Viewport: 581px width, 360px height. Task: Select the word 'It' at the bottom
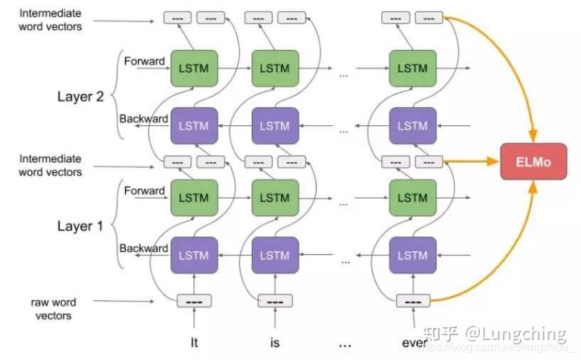(x=195, y=343)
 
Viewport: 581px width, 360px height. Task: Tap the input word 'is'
(x=275, y=343)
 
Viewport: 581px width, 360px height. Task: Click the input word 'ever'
(x=414, y=343)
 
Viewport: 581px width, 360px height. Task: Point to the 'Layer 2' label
(x=80, y=97)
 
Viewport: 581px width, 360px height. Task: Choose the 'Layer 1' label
(x=80, y=226)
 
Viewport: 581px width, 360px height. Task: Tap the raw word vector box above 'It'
(x=195, y=301)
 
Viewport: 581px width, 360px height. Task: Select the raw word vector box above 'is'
(x=275, y=301)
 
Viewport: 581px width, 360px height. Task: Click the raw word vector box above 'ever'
(x=412, y=301)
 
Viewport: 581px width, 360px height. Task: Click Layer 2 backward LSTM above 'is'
(x=274, y=125)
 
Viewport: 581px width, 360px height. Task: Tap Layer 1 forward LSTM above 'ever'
(x=412, y=198)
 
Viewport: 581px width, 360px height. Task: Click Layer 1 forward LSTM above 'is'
(x=274, y=198)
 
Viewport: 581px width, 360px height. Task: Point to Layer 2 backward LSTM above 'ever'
(x=412, y=125)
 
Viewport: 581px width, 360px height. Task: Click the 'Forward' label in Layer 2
(x=144, y=61)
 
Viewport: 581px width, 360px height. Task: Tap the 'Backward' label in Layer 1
(x=144, y=248)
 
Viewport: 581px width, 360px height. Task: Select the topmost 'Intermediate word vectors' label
(x=50, y=20)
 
